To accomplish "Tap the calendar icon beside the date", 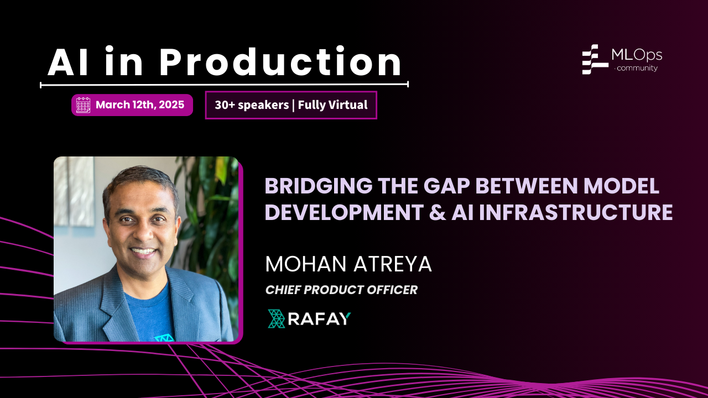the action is pos(83,105).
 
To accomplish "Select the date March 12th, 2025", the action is pos(140,104).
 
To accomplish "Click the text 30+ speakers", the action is pos(252,105).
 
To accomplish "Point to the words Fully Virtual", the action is pos(332,105).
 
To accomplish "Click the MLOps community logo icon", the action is pos(595,59).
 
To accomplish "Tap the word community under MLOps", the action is pos(637,68).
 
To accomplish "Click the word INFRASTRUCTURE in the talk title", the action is pos(576,212).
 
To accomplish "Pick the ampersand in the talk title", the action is pos(438,212).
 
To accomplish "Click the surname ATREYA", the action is pos(393,264).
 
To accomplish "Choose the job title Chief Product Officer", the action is pos(341,290).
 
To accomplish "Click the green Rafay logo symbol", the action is pos(277,319).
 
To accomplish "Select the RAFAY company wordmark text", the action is pos(319,319).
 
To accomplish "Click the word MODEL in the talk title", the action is pos(621,186).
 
